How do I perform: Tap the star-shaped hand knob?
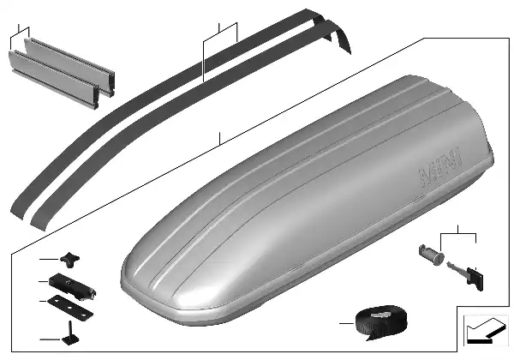tap(69, 260)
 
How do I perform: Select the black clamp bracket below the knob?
tap(72, 286)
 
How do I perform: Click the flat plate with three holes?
tap(70, 307)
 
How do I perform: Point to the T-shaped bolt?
tap(70, 333)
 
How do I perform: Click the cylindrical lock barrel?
tap(431, 255)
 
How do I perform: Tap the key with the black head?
tap(465, 275)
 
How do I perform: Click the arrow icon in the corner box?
tap(486, 331)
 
